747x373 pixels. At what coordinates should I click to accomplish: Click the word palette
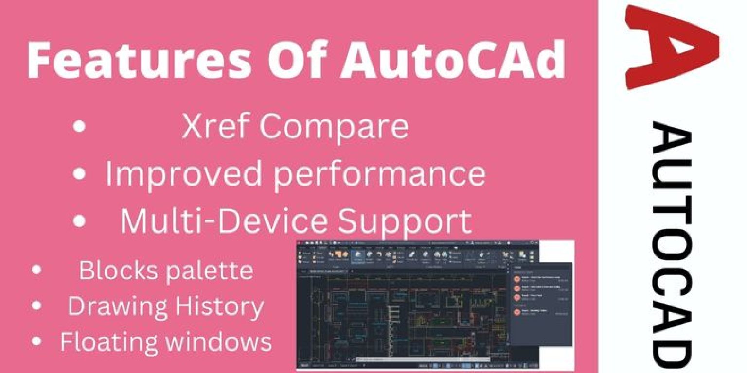click(x=209, y=271)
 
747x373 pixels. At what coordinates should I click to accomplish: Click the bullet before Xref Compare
click(x=79, y=127)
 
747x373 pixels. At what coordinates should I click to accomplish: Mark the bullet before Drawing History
click(x=36, y=306)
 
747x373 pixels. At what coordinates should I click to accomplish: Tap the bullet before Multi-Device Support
click(x=79, y=221)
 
